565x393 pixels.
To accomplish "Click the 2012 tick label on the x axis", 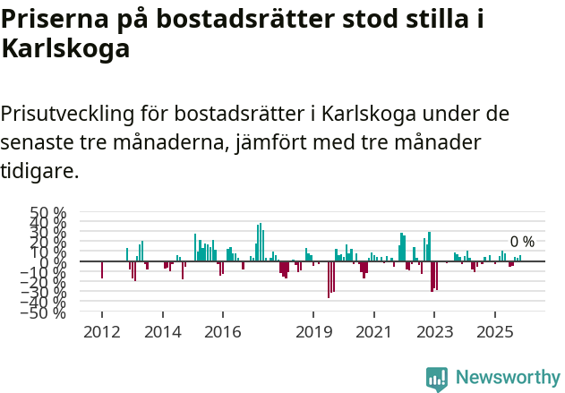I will pyautogui.click(x=101, y=332).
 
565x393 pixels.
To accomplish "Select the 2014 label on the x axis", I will pyautogui.click(x=162, y=332).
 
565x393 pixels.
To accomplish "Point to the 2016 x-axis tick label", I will pyautogui.click(x=222, y=332).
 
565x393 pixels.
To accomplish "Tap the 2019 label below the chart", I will pyautogui.click(x=313, y=332).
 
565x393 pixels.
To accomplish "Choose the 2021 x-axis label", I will pyautogui.click(x=373, y=332).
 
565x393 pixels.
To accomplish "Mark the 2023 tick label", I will pyautogui.click(x=434, y=332).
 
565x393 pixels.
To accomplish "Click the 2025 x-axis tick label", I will pyautogui.click(x=494, y=332).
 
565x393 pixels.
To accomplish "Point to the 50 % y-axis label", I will pyautogui.click(x=48, y=214).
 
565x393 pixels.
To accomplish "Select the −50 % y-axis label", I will pyautogui.click(x=46, y=312).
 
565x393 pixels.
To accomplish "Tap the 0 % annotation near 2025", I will pyautogui.click(x=522, y=242).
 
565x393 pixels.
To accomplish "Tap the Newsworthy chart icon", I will pyautogui.click(x=437, y=378).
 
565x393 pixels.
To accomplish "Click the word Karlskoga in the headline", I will pyautogui.click(x=66, y=50).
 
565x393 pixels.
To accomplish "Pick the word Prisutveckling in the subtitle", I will pyautogui.click(x=68, y=115).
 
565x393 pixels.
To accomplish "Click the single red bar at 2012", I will pyautogui.click(x=101, y=269).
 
